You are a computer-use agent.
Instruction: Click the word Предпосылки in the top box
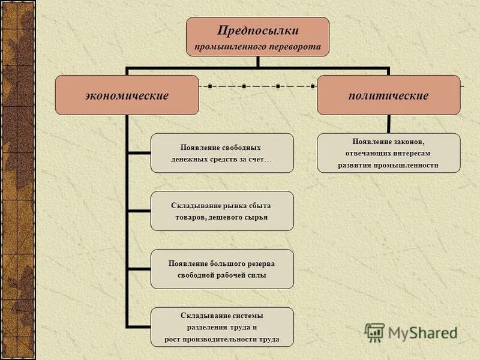click(x=257, y=31)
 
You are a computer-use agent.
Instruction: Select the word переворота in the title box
click(x=296, y=46)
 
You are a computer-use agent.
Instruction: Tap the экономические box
click(x=127, y=95)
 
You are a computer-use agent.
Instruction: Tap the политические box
click(x=388, y=95)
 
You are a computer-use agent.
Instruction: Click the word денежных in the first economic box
click(x=193, y=158)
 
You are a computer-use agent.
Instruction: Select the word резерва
click(x=260, y=263)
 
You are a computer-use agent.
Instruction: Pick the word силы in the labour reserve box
click(x=256, y=275)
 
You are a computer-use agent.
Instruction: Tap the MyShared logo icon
click(x=375, y=332)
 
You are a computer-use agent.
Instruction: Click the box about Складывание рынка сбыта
click(x=222, y=211)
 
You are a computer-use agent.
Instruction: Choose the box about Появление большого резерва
click(x=222, y=269)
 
